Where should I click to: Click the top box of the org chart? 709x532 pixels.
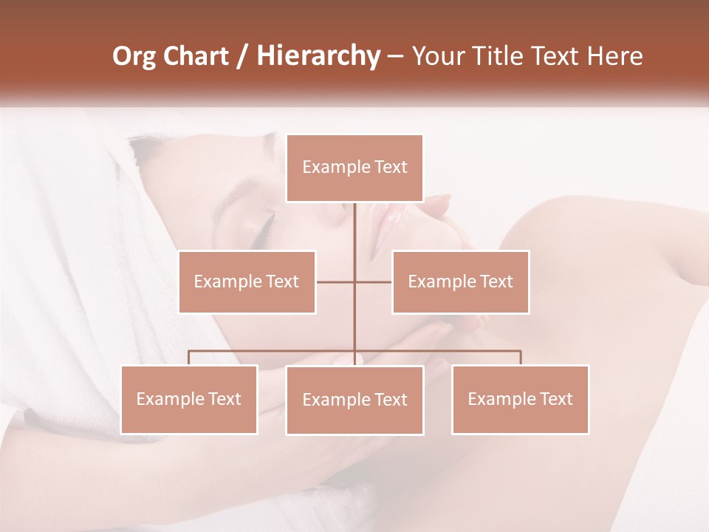tap(354, 168)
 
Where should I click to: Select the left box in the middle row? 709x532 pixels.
tap(247, 282)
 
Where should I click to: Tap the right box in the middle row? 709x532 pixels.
tap(460, 282)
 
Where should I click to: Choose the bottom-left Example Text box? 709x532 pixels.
tap(189, 399)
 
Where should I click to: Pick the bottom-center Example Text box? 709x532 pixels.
tap(354, 400)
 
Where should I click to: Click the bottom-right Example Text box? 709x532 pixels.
tap(520, 399)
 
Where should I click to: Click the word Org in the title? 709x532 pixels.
tap(134, 56)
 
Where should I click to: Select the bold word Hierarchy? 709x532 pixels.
tap(318, 56)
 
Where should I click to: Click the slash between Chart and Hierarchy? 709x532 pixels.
tap(242, 56)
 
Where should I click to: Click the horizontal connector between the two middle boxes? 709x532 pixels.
tap(336, 282)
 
